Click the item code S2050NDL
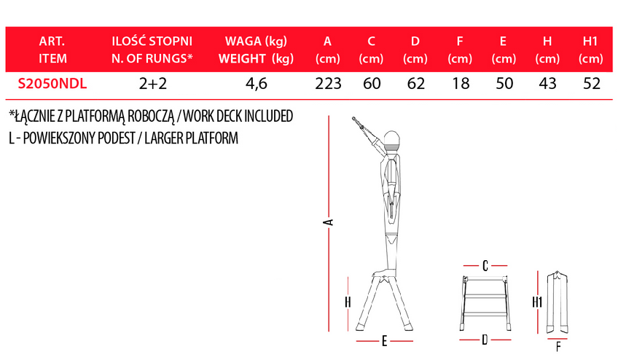coord(52,84)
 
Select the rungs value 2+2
coord(153,84)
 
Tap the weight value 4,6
coord(257,84)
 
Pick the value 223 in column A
coord(328,84)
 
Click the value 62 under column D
coord(416,84)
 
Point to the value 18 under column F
coord(461,84)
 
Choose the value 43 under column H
coord(547,84)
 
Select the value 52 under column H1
coord(591,84)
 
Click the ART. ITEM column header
coord(52,50)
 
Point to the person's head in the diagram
coord(391,139)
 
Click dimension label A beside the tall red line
coord(328,222)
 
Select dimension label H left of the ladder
coord(348,302)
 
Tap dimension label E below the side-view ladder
coord(384,342)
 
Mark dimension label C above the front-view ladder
coord(485,266)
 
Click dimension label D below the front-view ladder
coord(485,340)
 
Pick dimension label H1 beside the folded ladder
coord(537,302)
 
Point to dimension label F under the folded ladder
coord(558,347)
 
